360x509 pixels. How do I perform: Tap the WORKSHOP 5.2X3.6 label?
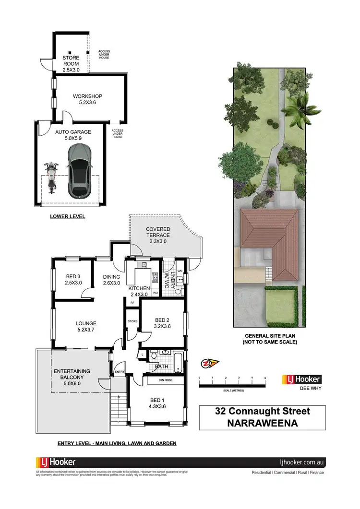coord(87,99)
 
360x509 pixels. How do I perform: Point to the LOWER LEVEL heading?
coord(68,216)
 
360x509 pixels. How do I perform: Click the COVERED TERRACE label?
coord(158,232)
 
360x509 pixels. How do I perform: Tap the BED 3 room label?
coord(73,279)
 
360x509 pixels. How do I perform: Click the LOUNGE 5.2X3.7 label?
coord(86,326)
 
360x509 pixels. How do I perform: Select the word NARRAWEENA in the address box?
coord(262,423)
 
